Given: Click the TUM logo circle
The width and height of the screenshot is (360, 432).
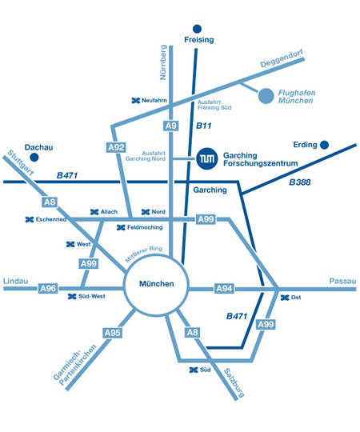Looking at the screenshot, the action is [x=207, y=158].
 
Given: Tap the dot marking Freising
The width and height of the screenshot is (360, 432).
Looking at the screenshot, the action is [x=197, y=29].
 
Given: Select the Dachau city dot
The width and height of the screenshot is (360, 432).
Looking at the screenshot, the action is [x=34, y=158].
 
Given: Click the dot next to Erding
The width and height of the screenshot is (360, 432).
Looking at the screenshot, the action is [x=325, y=145].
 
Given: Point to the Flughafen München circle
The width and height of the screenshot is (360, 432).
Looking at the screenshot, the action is [x=266, y=96].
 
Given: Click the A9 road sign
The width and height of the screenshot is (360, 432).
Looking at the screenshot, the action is [x=170, y=126].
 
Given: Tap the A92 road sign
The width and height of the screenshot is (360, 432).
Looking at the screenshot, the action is [x=116, y=147].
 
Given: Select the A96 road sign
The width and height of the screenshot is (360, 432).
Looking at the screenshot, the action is [x=48, y=289].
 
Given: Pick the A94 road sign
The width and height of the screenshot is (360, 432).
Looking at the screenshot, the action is [x=224, y=289].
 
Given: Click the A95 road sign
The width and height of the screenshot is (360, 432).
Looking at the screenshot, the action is [x=113, y=333].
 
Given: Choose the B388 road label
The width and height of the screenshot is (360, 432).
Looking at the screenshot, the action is [x=300, y=182].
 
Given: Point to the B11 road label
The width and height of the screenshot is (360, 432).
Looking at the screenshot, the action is [x=203, y=126].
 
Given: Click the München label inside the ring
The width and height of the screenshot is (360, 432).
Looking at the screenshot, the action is [x=157, y=283].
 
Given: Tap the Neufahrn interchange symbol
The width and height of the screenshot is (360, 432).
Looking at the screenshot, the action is [x=136, y=101].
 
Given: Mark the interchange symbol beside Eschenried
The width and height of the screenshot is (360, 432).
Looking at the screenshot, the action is [x=30, y=219].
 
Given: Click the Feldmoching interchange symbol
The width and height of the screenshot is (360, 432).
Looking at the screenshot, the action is [x=121, y=227].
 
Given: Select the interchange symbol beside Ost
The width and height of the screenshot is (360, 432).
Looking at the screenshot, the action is [x=285, y=298].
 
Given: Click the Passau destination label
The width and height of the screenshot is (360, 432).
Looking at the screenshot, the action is [x=342, y=281].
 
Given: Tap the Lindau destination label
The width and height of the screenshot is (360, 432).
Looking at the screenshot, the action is [x=16, y=281].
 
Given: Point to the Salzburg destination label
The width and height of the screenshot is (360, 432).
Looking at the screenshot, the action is [x=234, y=382].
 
